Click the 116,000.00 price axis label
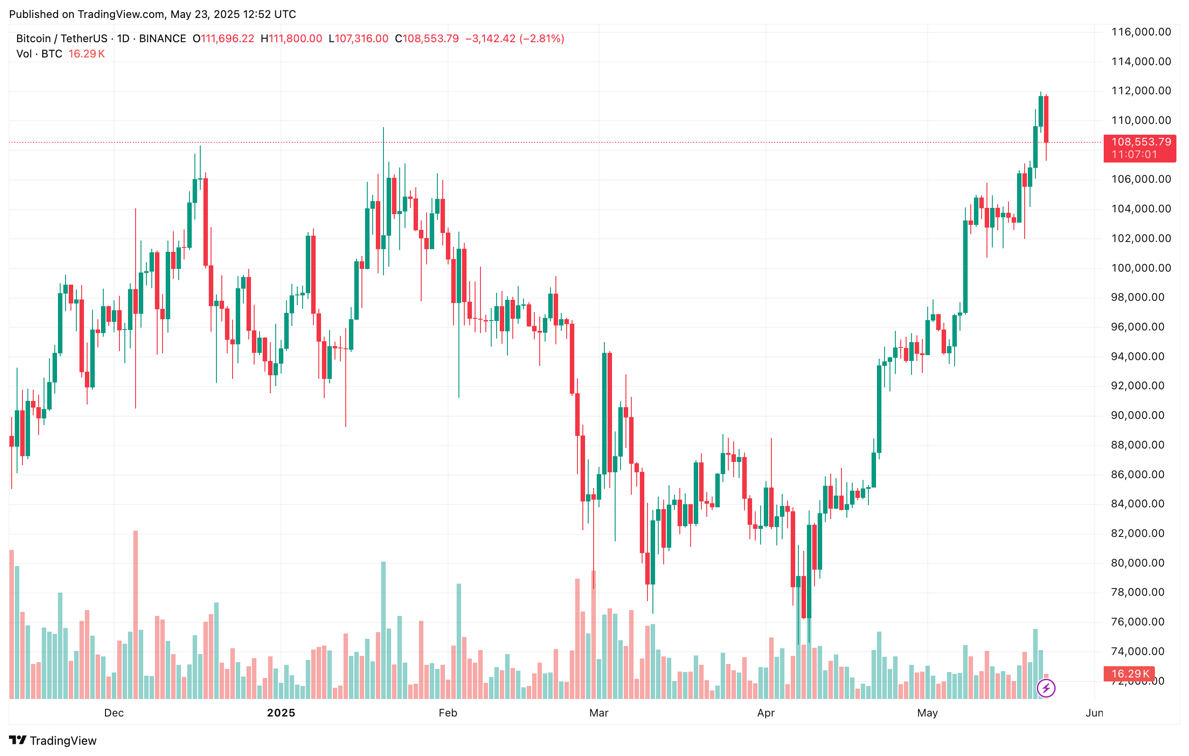[1141, 32]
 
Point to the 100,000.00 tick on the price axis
[1141, 268]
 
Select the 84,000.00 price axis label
[1141, 504]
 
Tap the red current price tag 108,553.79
[1141, 142]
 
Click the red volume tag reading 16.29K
[1130, 673]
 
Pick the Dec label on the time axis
[114, 712]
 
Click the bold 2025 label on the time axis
[281, 712]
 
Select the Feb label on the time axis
[448, 712]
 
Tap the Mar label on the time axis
[599, 712]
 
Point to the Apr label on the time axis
[766, 712]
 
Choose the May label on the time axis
[927, 712]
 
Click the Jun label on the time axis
[1094, 712]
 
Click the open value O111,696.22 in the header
[223, 39]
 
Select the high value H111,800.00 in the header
[291, 39]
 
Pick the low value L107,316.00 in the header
[358, 39]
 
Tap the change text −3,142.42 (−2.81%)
[515, 39]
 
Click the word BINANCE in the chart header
[163, 39]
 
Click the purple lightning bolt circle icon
[1046, 688]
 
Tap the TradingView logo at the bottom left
[53, 740]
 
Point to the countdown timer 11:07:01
[1134, 154]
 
